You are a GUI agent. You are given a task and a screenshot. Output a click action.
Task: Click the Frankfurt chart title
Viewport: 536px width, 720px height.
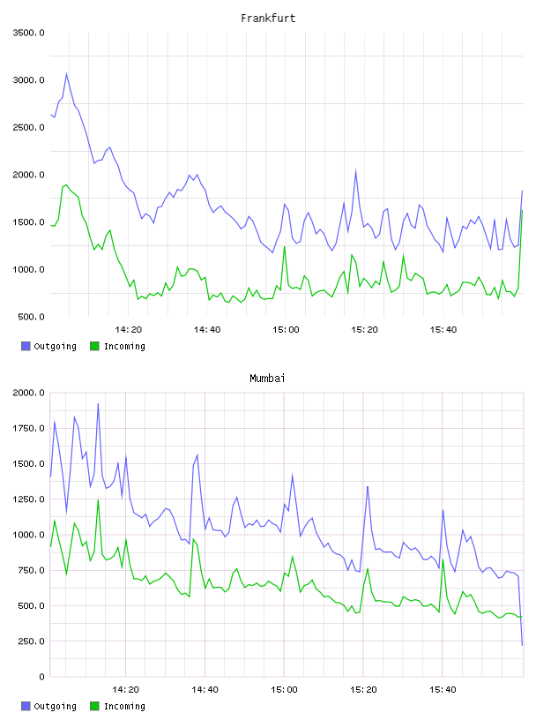click(x=268, y=19)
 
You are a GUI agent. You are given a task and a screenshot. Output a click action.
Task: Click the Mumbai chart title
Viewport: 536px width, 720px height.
click(x=267, y=379)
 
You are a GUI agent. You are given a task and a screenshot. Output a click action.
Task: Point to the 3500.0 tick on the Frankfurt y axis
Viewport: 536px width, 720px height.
click(x=28, y=33)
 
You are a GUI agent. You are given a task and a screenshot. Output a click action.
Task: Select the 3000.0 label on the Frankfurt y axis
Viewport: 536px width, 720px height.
click(x=28, y=80)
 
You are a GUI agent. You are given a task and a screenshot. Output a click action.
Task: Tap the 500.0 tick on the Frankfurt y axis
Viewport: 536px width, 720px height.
click(x=31, y=317)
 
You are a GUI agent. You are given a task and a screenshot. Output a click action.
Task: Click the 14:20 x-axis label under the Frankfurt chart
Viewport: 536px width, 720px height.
click(x=128, y=330)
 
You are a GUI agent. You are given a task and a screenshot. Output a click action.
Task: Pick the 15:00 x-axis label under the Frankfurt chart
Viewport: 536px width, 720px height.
click(x=286, y=330)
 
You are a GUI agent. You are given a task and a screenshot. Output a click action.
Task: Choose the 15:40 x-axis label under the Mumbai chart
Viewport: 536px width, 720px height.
click(x=443, y=690)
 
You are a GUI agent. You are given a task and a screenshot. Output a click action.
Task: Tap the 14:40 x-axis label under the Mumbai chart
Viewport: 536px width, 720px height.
click(x=205, y=690)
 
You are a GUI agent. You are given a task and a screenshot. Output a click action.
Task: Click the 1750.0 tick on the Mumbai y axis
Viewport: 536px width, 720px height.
click(x=28, y=429)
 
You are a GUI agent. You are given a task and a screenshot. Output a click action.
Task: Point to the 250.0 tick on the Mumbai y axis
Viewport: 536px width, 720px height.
click(x=31, y=641)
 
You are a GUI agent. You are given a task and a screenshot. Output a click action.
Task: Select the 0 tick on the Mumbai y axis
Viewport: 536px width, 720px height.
click(x=41, y=677)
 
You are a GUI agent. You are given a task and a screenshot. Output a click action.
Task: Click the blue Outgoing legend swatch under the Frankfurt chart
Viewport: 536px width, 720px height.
click(x=26, y=346)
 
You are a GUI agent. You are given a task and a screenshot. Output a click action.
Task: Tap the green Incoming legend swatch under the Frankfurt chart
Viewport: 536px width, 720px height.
click(x=94, y=346)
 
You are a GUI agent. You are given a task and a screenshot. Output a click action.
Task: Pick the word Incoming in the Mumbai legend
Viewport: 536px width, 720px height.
click(x=124, y=706)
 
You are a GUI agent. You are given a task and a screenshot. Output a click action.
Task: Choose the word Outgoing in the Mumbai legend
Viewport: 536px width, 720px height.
click(x=55, y=706)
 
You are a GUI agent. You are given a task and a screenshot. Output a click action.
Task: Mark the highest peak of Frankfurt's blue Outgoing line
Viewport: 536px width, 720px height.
click(x=66, y=73)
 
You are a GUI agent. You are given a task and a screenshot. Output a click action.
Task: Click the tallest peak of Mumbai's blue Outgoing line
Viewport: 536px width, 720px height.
click(x=98, y=404)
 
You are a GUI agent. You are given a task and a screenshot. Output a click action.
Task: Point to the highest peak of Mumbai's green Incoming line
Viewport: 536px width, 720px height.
click(x=98, y=500)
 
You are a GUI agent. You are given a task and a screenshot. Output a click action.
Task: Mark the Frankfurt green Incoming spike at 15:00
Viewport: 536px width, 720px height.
click(x=285, y=246)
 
